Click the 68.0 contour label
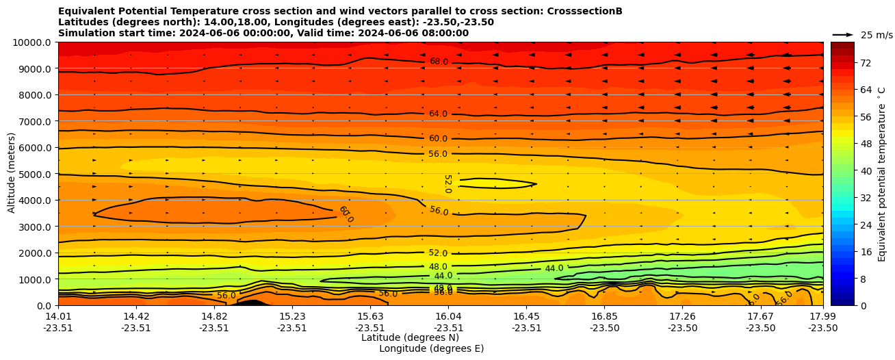point(439,62)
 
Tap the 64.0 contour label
point(438,114)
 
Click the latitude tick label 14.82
point(214,316)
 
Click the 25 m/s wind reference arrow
point(843,34)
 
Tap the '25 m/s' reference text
point(877,35)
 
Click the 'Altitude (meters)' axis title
point(12,174)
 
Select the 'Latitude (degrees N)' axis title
point(410,337)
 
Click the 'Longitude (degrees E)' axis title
point(431,348)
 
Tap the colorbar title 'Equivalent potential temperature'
point(882,174)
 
